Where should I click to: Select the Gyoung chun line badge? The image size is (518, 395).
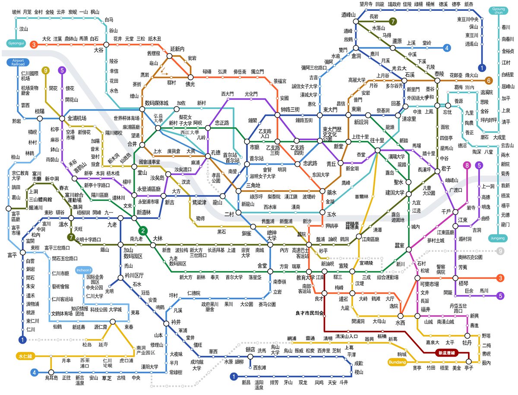coord(499,10)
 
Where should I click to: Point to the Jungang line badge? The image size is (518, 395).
coord(500,238)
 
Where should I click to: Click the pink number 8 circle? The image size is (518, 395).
coord(466,165)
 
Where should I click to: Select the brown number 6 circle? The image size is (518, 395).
coord(489,80)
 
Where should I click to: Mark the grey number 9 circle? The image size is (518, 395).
coord(500,251)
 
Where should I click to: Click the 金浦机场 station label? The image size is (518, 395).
coord(80,118)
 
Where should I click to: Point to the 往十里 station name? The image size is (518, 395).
coord(377,141)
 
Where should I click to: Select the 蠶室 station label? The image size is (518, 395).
coord(399,245)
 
